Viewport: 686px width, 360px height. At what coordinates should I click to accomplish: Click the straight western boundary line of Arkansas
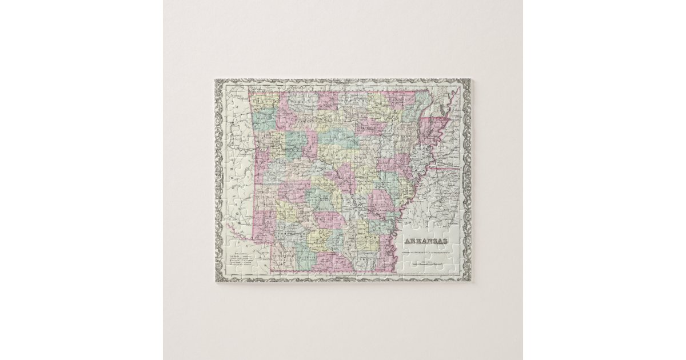(x=254, y=189)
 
